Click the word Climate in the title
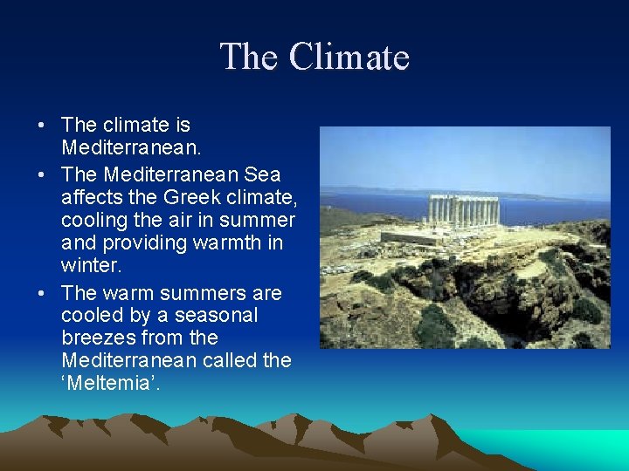[349, 58]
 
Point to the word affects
[93, 196]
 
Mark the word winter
[89, 264]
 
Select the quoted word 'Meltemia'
[109, 383]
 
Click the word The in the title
[250, 58]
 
